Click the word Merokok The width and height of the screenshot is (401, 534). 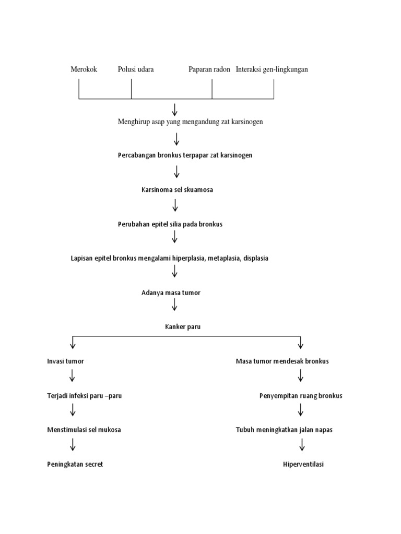coord(84,69)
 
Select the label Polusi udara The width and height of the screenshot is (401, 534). coord(136,69)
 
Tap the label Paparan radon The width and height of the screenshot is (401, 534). coord(209,69)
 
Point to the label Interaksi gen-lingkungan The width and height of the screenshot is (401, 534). coord(272,69)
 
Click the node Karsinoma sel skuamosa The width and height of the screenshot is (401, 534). coord(177,190)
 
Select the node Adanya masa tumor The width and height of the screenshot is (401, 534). coord(171,293)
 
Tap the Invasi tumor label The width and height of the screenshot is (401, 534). coord(65,361)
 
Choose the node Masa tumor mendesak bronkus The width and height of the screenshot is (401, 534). coord(282,361)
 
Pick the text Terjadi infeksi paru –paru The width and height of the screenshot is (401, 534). coord(84,396)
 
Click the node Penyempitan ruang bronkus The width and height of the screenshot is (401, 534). coord(301,396)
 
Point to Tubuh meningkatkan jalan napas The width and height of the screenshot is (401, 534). coord(284,430)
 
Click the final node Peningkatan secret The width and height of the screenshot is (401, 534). coord(75,464)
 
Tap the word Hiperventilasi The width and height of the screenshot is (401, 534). coord(303,464)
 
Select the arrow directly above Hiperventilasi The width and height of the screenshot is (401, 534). coord(302,445)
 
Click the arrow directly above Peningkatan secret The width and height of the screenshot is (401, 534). coord(73,445)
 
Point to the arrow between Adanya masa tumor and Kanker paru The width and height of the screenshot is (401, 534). coord(174,305)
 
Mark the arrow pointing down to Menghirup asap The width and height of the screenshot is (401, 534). coord(174,110)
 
